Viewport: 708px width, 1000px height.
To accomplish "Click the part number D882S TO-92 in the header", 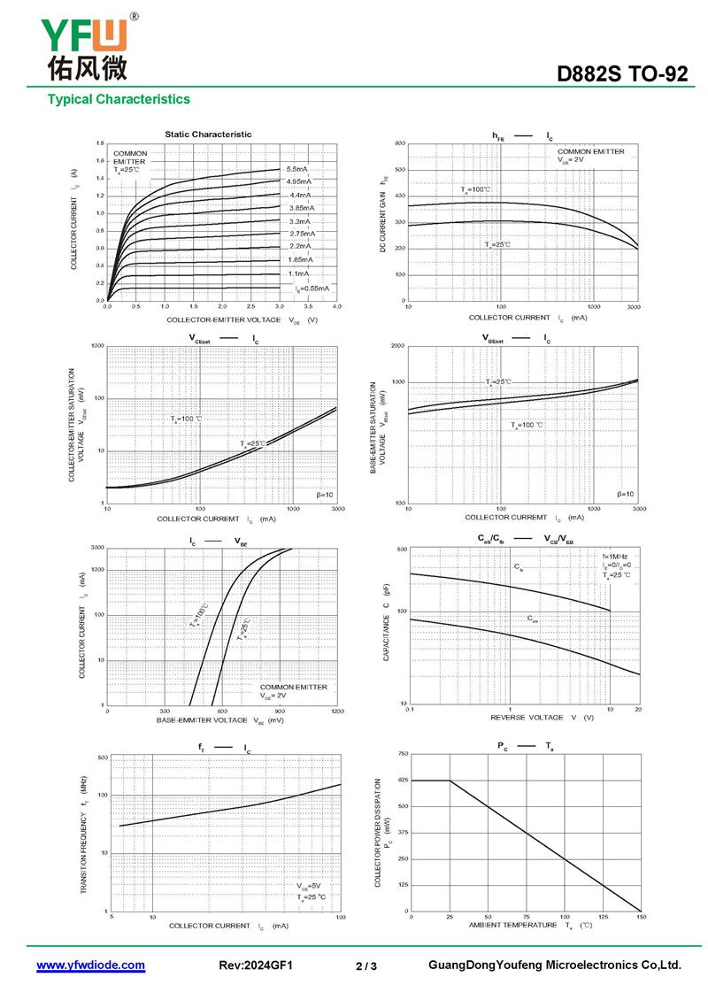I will click(x=621, y=75).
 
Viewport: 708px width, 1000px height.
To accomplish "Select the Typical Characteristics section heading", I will click(x=119, y=99).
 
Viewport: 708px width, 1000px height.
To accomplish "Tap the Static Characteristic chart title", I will click(x=208, y=135).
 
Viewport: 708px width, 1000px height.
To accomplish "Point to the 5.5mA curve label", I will click(x=296, y=168).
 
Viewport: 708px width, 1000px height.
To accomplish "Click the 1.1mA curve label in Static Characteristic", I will click(x=298, y=273).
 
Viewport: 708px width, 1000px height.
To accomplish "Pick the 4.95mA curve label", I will click(x=298, y=181).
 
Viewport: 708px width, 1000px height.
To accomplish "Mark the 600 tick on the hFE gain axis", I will click(x=400, y=143).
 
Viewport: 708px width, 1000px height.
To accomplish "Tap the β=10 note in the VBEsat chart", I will click(x=625, y=494).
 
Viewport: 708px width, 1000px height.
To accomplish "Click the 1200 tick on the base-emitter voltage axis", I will click(x=337, y=712).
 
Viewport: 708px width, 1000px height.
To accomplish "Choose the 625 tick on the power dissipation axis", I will click(x=403, y=780).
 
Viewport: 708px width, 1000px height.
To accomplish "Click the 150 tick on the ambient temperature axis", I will click(x=640, y=917).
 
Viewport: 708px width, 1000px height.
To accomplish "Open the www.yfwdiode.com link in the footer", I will click(x=90, y=965).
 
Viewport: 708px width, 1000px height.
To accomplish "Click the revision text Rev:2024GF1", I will click(x=255, y=965).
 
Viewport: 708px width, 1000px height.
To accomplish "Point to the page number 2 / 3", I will click(x=366, y=966).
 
